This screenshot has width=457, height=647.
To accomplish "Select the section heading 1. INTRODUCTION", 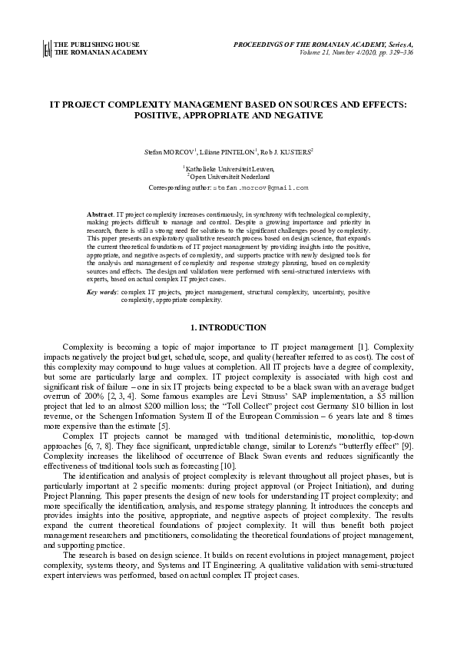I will tap(228, 328).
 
